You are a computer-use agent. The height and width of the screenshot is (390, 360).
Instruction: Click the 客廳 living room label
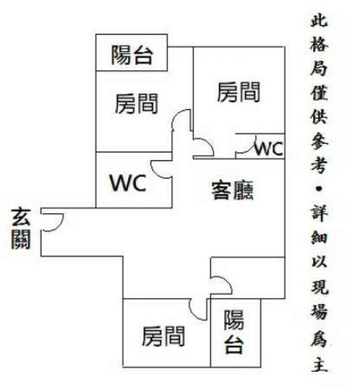pos(233,190)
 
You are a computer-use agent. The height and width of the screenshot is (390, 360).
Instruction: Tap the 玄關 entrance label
pos(21,229)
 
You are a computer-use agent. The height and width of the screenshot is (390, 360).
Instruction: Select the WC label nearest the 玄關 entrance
pos(128,183)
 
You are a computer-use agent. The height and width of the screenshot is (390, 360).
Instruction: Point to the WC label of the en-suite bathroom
pos(269,148)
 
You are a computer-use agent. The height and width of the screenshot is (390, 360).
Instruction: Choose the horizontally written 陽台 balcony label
pos(132,55)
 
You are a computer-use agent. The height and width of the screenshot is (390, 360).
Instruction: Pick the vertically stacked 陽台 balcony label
pos(234,331)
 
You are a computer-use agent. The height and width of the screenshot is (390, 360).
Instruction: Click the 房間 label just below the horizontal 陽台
pos(136,104)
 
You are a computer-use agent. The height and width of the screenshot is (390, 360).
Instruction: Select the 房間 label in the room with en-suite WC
pos(238,92)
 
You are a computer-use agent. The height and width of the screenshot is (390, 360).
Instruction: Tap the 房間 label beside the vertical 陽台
pos(163,336)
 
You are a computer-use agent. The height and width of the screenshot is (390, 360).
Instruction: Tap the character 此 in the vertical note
pos(319,19)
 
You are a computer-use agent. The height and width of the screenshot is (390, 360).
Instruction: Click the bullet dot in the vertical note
pos(319,189)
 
